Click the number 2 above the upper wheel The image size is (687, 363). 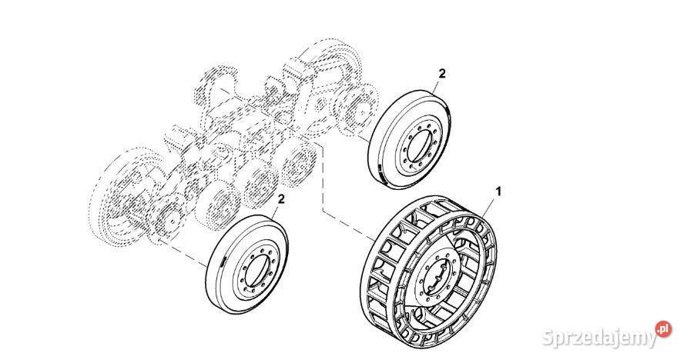pos(441,73)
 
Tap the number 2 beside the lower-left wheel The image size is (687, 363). pos(282,199)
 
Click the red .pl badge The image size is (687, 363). pos(662,330)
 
